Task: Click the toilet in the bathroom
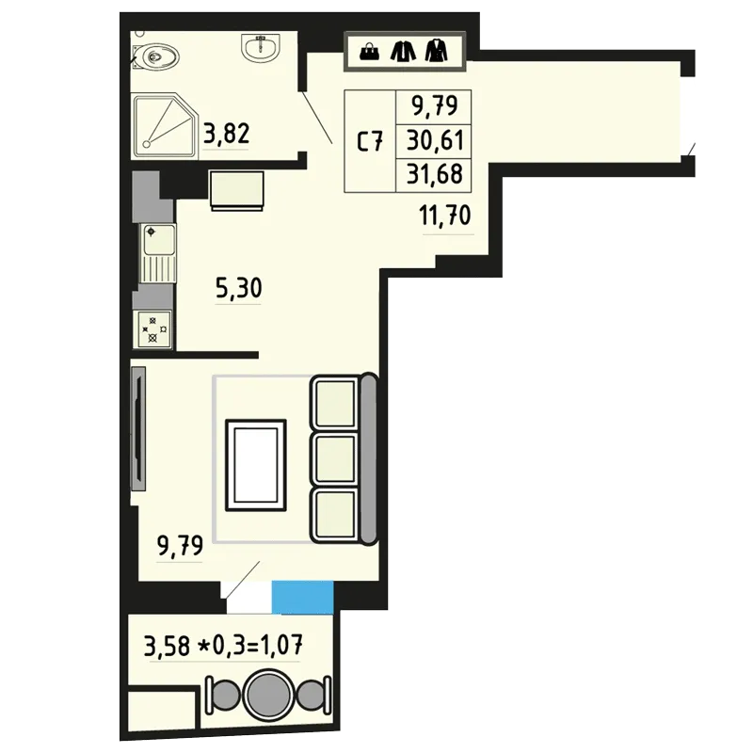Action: point(156,56)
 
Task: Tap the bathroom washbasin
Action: point(260,48)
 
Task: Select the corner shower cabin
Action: point(165,126)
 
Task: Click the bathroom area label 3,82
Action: point(226,134)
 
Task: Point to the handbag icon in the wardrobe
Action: point(369,52)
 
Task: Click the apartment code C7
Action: point(370,141)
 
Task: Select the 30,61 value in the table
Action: point(435,140)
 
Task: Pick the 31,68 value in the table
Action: point(435,173)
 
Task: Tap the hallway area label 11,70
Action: point(445,216)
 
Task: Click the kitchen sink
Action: point(157,253)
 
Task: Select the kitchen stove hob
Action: point(153,328)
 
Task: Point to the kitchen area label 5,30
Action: point(239,288)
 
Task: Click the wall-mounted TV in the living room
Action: point(137,428)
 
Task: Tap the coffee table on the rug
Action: point(256,465)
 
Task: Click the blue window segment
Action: point(302,597)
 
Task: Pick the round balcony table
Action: point(268,696)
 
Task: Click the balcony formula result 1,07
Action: point(281,645)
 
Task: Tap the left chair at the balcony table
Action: point(224,696)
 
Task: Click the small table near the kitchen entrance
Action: point(237,191)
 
